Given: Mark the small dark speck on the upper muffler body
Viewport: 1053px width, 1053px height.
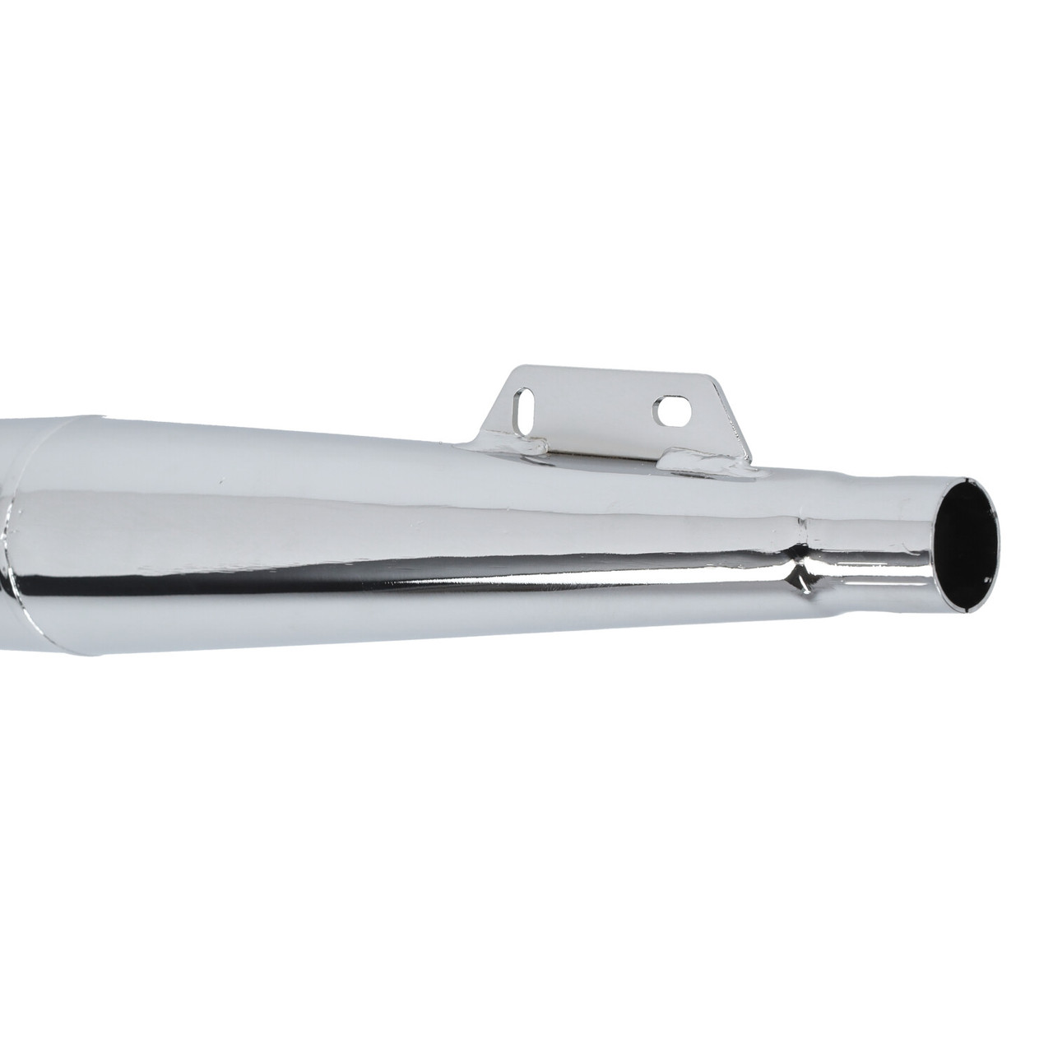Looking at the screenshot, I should (x=220, y=481).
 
